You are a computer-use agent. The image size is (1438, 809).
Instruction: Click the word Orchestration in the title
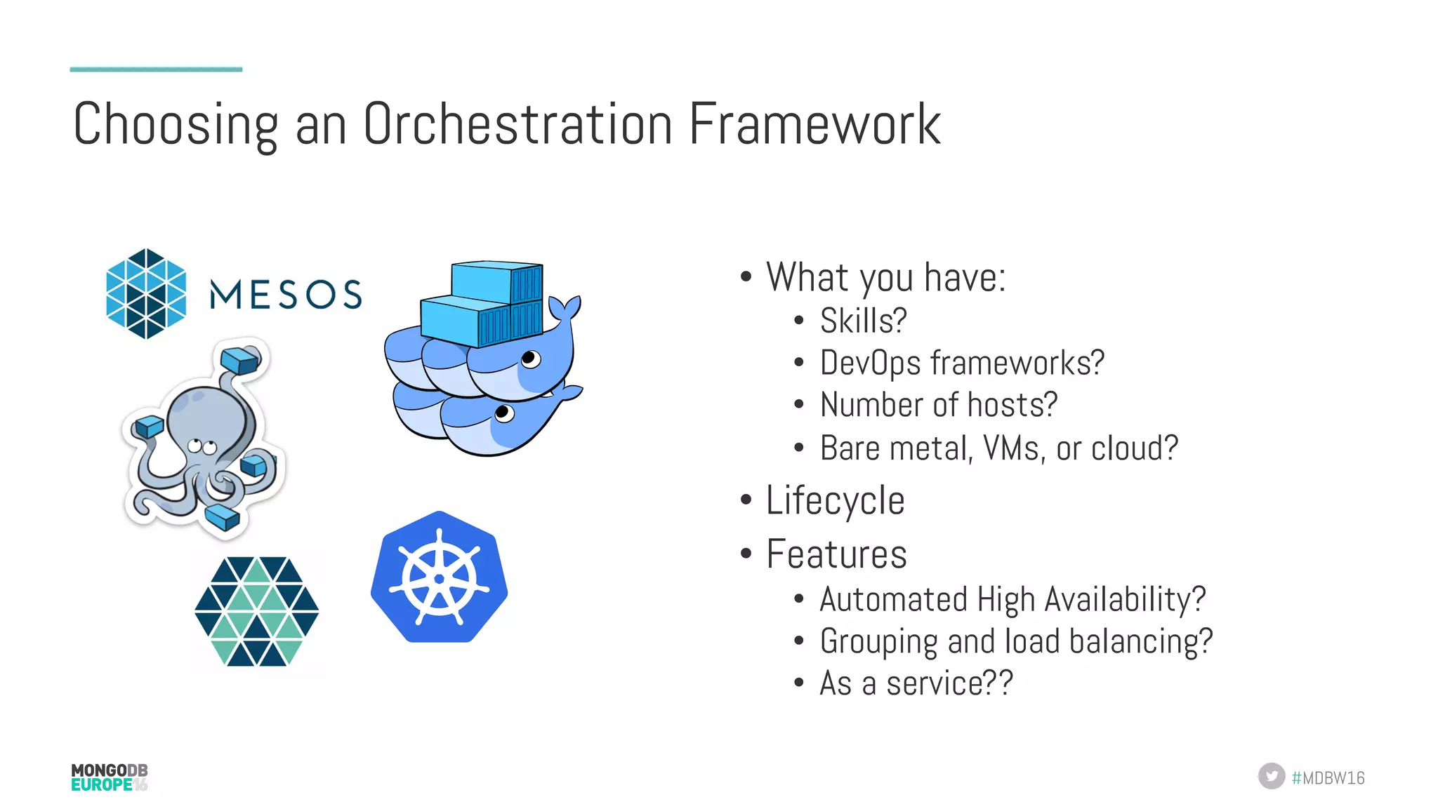pos(517,124)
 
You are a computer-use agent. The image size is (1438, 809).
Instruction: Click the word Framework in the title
pos(814,124)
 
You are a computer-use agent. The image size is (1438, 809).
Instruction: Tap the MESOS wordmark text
pos(286,295)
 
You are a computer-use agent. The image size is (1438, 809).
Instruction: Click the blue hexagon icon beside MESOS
pos(146,293)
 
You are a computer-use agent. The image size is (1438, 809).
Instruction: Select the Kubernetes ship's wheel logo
pos(440,577)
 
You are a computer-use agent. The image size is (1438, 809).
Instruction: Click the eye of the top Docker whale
pos(531,359)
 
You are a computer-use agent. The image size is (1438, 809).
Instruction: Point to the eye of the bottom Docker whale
pos(504,413)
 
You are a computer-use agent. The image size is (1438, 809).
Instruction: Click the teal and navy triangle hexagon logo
pos(257,611)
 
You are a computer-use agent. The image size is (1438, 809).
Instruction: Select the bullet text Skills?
pos(863,321)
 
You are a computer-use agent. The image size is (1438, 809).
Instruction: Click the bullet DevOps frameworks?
pos(962,363)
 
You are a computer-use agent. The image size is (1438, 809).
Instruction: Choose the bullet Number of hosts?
pos(938,405)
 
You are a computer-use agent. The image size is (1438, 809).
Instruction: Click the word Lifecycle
pos(835,501)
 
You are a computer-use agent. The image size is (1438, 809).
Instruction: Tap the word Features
pos(836,554)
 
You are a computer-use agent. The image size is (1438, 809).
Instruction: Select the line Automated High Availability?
pos(1012,600)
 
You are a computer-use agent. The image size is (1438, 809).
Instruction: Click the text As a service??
pos(916,683)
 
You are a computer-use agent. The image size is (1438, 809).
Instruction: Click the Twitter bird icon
pos(1271,776)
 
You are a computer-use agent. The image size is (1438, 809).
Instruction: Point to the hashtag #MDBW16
pos(1328,777)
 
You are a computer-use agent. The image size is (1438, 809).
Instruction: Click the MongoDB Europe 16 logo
pos(110,777)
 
